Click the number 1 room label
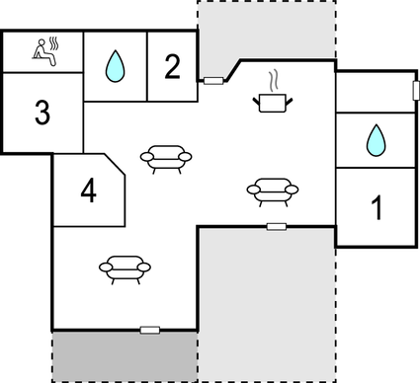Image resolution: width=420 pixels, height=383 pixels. (376, 208)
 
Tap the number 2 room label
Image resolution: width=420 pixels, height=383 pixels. (173, 67)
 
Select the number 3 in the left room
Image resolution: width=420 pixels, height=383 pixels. (42, 113)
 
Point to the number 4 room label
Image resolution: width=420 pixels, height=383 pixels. (89, 191)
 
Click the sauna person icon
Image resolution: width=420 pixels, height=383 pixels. (42, 50)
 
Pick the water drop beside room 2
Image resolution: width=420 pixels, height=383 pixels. (115, 67)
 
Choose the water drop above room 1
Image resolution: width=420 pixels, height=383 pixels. (376, 140)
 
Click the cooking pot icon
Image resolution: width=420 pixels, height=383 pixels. (272, 101)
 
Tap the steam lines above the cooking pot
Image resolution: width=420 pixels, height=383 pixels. (275, 79)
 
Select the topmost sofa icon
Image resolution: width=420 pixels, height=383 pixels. (166, 157)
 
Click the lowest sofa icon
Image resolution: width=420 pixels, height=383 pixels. (126, 268)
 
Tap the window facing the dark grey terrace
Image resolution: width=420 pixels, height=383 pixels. (150, 329)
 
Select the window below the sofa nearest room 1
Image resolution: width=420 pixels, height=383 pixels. (277, 226)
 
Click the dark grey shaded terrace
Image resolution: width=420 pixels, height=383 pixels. (124, 355)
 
